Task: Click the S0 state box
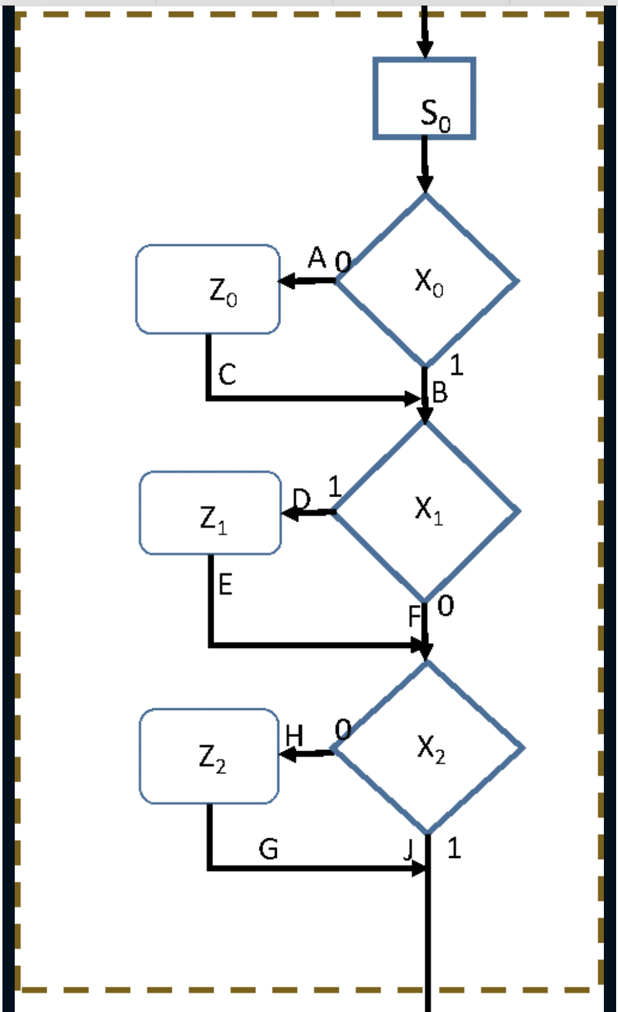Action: tap(424, 98)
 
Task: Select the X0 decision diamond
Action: tap(426, 281)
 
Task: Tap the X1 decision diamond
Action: tap(426, 511)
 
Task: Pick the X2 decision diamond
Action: tap(428, 748)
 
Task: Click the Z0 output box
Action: tap(208, 290)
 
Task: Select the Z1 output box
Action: tap(211, 513)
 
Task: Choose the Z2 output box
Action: tap(209, 756)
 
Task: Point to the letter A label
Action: tap(317, 258)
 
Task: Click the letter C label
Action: tap(227, 374)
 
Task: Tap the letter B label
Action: tap(440, 393)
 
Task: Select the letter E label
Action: tap(225, 584)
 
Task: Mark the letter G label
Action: tap(268, 849)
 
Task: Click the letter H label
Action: tap(295, 735)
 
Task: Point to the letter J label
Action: tap(409, 850)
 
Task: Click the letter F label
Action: tap(415, 616)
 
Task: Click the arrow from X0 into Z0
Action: tap(307, 282)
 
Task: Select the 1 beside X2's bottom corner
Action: tap(454, 848)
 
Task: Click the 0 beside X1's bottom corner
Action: tap(446, 606)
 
